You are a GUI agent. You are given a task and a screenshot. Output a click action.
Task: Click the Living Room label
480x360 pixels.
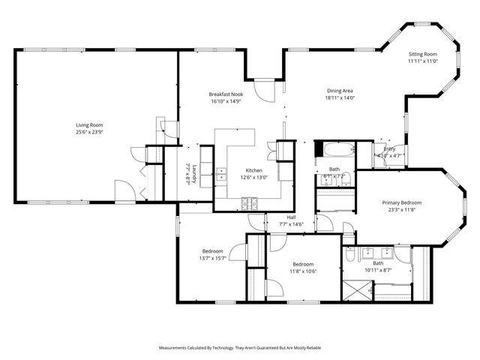(x=89, y=124)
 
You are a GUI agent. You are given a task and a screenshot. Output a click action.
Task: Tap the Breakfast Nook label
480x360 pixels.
(x=225, y=94)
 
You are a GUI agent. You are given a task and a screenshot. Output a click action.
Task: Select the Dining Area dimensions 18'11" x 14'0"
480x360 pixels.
(x=339, y=97)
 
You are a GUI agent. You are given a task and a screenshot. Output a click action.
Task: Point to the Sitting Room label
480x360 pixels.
(x=422, y=55)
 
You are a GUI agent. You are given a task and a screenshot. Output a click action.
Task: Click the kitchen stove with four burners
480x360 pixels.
(x=249, y=202)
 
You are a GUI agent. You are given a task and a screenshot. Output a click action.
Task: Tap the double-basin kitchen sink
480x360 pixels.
(x=222, y=175)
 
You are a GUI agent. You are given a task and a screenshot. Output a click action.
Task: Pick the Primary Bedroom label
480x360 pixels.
(x=401, y=202)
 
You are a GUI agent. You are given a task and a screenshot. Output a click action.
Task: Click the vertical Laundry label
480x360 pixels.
(x=193, y=175)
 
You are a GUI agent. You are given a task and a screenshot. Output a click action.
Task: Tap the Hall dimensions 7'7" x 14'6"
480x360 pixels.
(x=290, y=224)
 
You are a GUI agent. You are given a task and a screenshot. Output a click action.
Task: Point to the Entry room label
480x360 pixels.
(x=389, y=148)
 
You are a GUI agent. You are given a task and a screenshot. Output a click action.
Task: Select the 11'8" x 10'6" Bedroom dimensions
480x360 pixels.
(x=303, y=271)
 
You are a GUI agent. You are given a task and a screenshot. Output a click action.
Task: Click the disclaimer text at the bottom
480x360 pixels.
(x=239, y=348)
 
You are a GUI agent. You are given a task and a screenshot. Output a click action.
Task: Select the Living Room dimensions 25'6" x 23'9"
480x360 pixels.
(x=89, y=132)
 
